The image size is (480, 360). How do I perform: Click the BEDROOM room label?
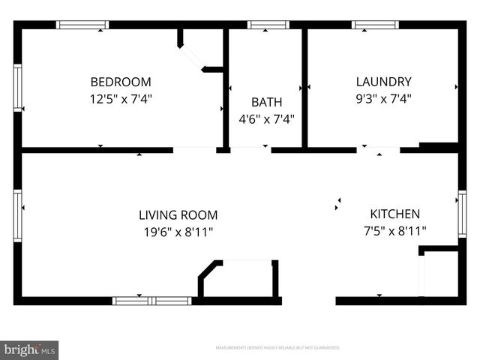coord(121,82)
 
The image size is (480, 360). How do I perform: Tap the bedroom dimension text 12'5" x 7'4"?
coord(121,98)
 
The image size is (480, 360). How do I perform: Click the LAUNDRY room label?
coord(383,82)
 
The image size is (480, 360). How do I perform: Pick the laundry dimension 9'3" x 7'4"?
coord(383,98)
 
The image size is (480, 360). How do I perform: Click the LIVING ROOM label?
coord(179,214)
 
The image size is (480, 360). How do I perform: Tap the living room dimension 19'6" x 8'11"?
coord(179,232)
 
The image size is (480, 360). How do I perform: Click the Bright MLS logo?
coord(29,349)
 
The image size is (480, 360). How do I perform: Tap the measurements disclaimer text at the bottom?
coord(277,348)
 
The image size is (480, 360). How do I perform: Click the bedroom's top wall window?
coord(82,25)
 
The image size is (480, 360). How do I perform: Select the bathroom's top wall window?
coord(268,25)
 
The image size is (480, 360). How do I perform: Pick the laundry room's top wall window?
coord(375,25)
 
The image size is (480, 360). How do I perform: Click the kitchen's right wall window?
coord(462,214)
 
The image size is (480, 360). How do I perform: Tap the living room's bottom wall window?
coord(151,301)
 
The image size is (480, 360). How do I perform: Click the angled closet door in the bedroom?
coord(192,57)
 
